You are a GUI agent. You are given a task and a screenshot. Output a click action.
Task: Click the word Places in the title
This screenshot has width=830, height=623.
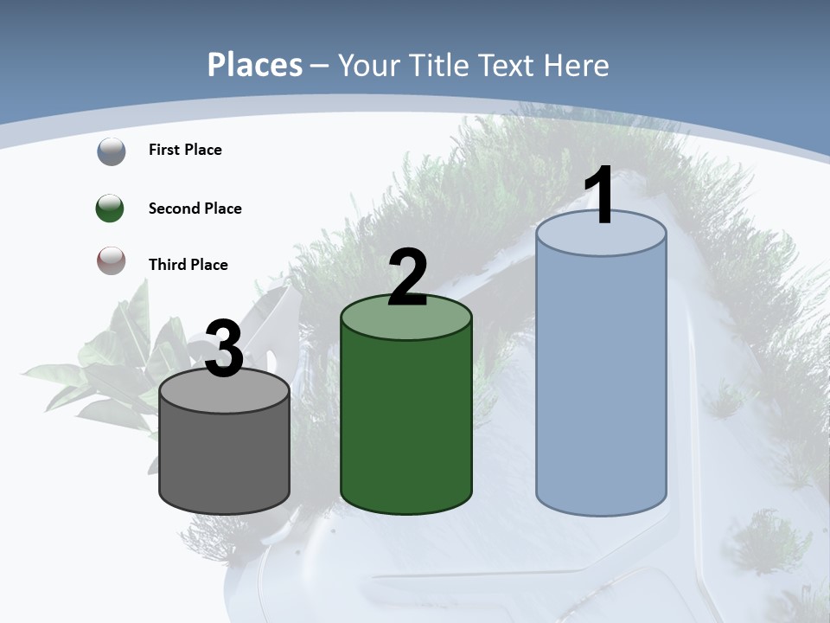(255, 65)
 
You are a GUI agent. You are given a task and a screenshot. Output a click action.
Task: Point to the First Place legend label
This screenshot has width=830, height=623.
(185, 150)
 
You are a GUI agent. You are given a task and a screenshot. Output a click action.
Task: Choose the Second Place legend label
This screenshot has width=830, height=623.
(195, 209)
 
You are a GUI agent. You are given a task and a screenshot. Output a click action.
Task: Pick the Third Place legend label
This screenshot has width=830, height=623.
(188, 265)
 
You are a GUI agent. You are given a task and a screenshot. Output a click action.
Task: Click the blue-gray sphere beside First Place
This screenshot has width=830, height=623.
(111, 151)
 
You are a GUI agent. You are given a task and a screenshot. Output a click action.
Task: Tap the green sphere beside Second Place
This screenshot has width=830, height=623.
(111, 209)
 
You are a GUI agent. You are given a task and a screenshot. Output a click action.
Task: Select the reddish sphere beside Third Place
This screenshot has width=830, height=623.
(111, 260)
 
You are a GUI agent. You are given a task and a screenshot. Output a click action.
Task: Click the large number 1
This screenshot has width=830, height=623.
(599, 197)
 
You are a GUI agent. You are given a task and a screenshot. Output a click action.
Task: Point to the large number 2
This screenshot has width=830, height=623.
(407, 279)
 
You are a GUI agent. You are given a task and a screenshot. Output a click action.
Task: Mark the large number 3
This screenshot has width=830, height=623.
(224, 349)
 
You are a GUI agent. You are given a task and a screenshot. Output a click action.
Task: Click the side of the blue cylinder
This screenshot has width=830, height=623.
(601, 381)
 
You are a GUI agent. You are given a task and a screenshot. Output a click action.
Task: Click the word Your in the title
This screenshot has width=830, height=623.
(365, 65)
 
